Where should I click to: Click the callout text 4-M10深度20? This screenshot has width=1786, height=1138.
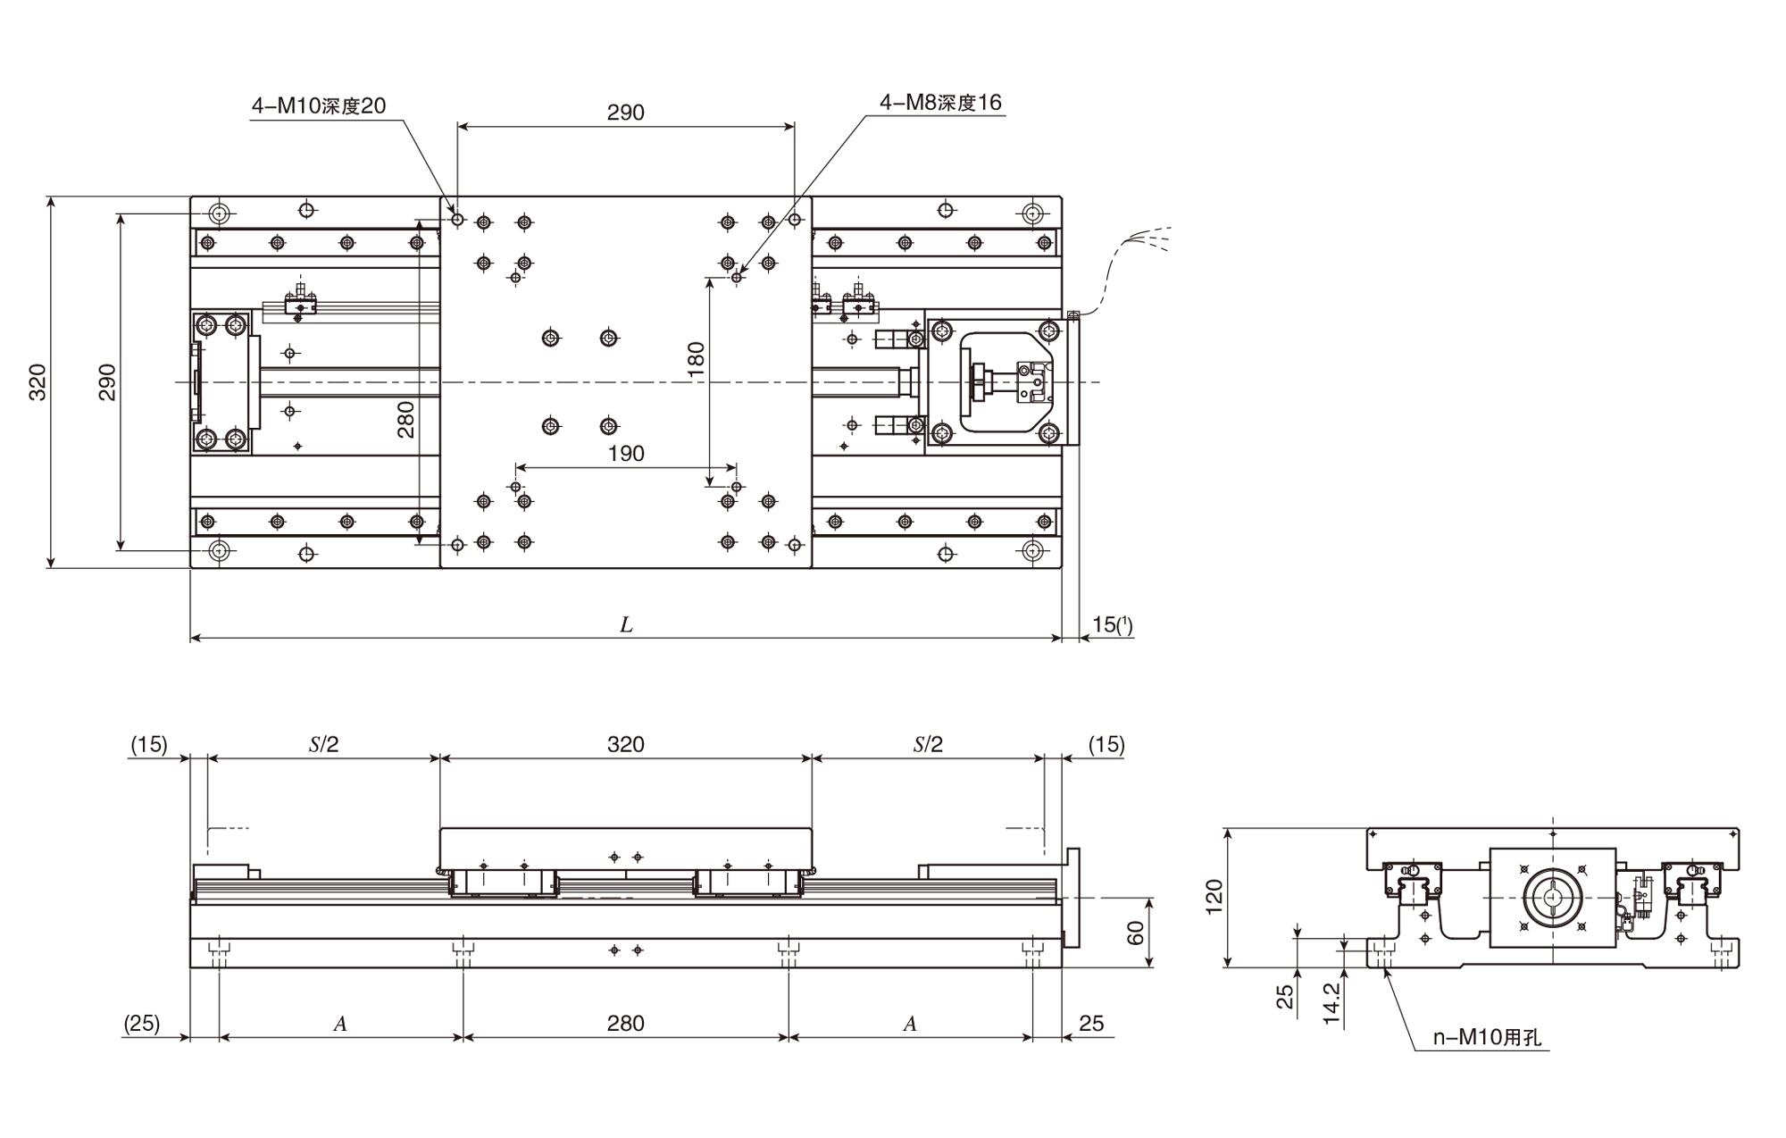[319, 106]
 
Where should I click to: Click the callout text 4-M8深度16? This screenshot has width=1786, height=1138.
[940, 103]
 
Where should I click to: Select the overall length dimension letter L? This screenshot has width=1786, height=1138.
[626, 625]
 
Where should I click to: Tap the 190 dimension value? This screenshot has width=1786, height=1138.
[626, 454]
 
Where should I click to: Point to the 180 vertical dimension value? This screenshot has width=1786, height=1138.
[697, 360]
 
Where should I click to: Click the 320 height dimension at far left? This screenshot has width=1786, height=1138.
[38, 382]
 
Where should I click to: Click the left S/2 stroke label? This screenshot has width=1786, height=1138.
[323, 745]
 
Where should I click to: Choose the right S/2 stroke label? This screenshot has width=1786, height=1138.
[928, 745]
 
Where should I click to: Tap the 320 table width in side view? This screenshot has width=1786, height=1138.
[625, 745]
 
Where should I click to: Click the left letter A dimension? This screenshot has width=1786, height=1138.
[340, 1025]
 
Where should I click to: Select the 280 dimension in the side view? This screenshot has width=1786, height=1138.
[625, 1024]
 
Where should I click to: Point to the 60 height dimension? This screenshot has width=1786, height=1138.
[1135, 933]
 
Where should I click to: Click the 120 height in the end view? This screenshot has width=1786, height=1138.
[1214, 897]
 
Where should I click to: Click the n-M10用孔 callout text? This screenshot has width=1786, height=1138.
[1487, 1038]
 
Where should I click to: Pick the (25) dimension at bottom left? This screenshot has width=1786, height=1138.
[142, 1024]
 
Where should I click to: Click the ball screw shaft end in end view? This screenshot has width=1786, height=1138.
[1553, 898]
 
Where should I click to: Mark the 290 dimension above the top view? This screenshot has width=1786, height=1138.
[625, 113]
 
